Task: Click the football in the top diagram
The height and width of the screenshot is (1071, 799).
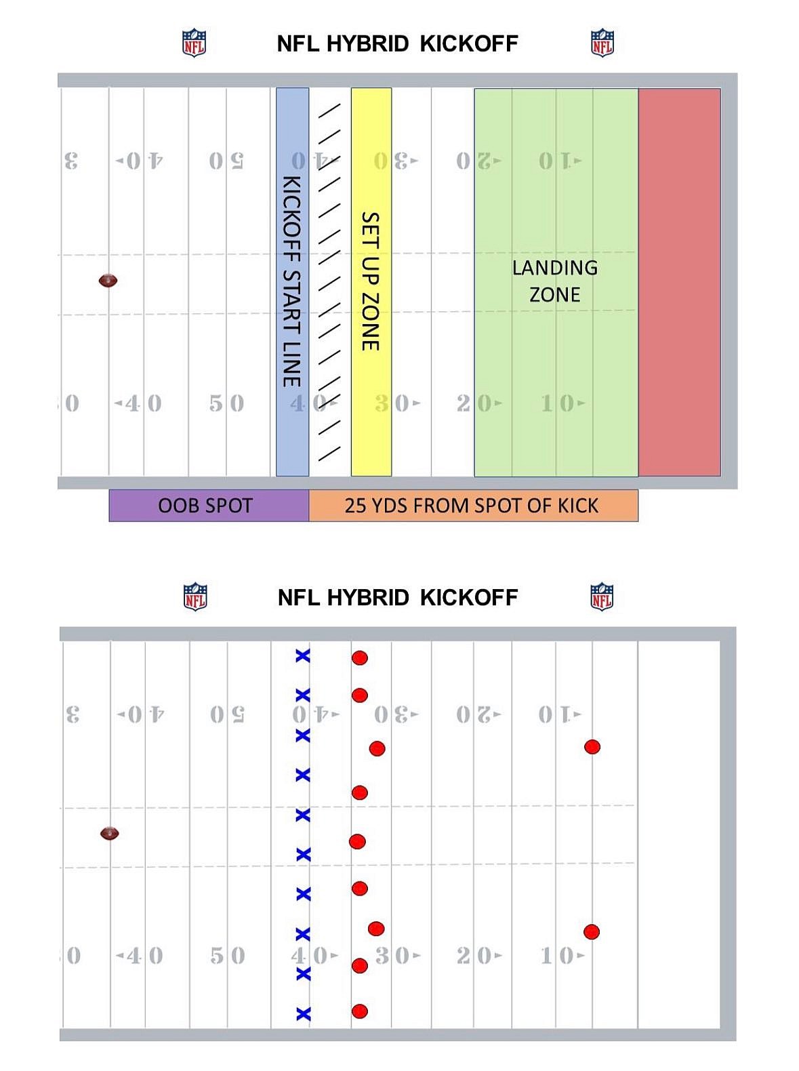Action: click(x=108, y=280)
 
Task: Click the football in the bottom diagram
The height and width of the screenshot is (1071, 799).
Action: click(x=110, y=833)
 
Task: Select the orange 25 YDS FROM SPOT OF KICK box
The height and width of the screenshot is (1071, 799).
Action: click(x=472, y=506)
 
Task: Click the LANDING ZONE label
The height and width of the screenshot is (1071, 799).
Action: click(x=554, y=281)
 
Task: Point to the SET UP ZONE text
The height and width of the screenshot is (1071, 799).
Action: click(x=370, y=281)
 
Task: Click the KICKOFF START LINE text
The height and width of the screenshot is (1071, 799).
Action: click(x=291, y=281)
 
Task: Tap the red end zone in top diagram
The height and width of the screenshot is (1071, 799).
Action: click(x=679, y=281)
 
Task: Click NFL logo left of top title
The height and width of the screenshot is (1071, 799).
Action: click(x=194, y=43)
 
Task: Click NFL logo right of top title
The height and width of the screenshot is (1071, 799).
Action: click(x=602, y=43)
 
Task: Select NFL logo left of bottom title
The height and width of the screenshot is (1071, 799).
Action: click(x=196, y=597)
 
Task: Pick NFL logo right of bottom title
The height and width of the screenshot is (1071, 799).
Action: click(x=602, y=597)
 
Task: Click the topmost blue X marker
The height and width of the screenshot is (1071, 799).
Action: click(x=302, y=655)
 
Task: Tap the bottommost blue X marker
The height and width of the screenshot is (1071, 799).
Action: click(x=304, y=1014)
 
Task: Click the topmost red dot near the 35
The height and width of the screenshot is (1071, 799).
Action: click(x=360, y=658)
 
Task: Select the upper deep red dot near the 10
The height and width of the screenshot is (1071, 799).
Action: click(x=592, y=747)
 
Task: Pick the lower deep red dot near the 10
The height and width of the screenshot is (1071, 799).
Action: click(x=592, y=931)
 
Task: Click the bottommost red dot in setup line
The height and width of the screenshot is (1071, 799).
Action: click(x=360, y=1011)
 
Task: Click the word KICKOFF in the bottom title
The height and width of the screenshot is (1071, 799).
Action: click(x=468, y=597)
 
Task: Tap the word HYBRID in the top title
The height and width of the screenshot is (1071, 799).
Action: click(x=367, y=43)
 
